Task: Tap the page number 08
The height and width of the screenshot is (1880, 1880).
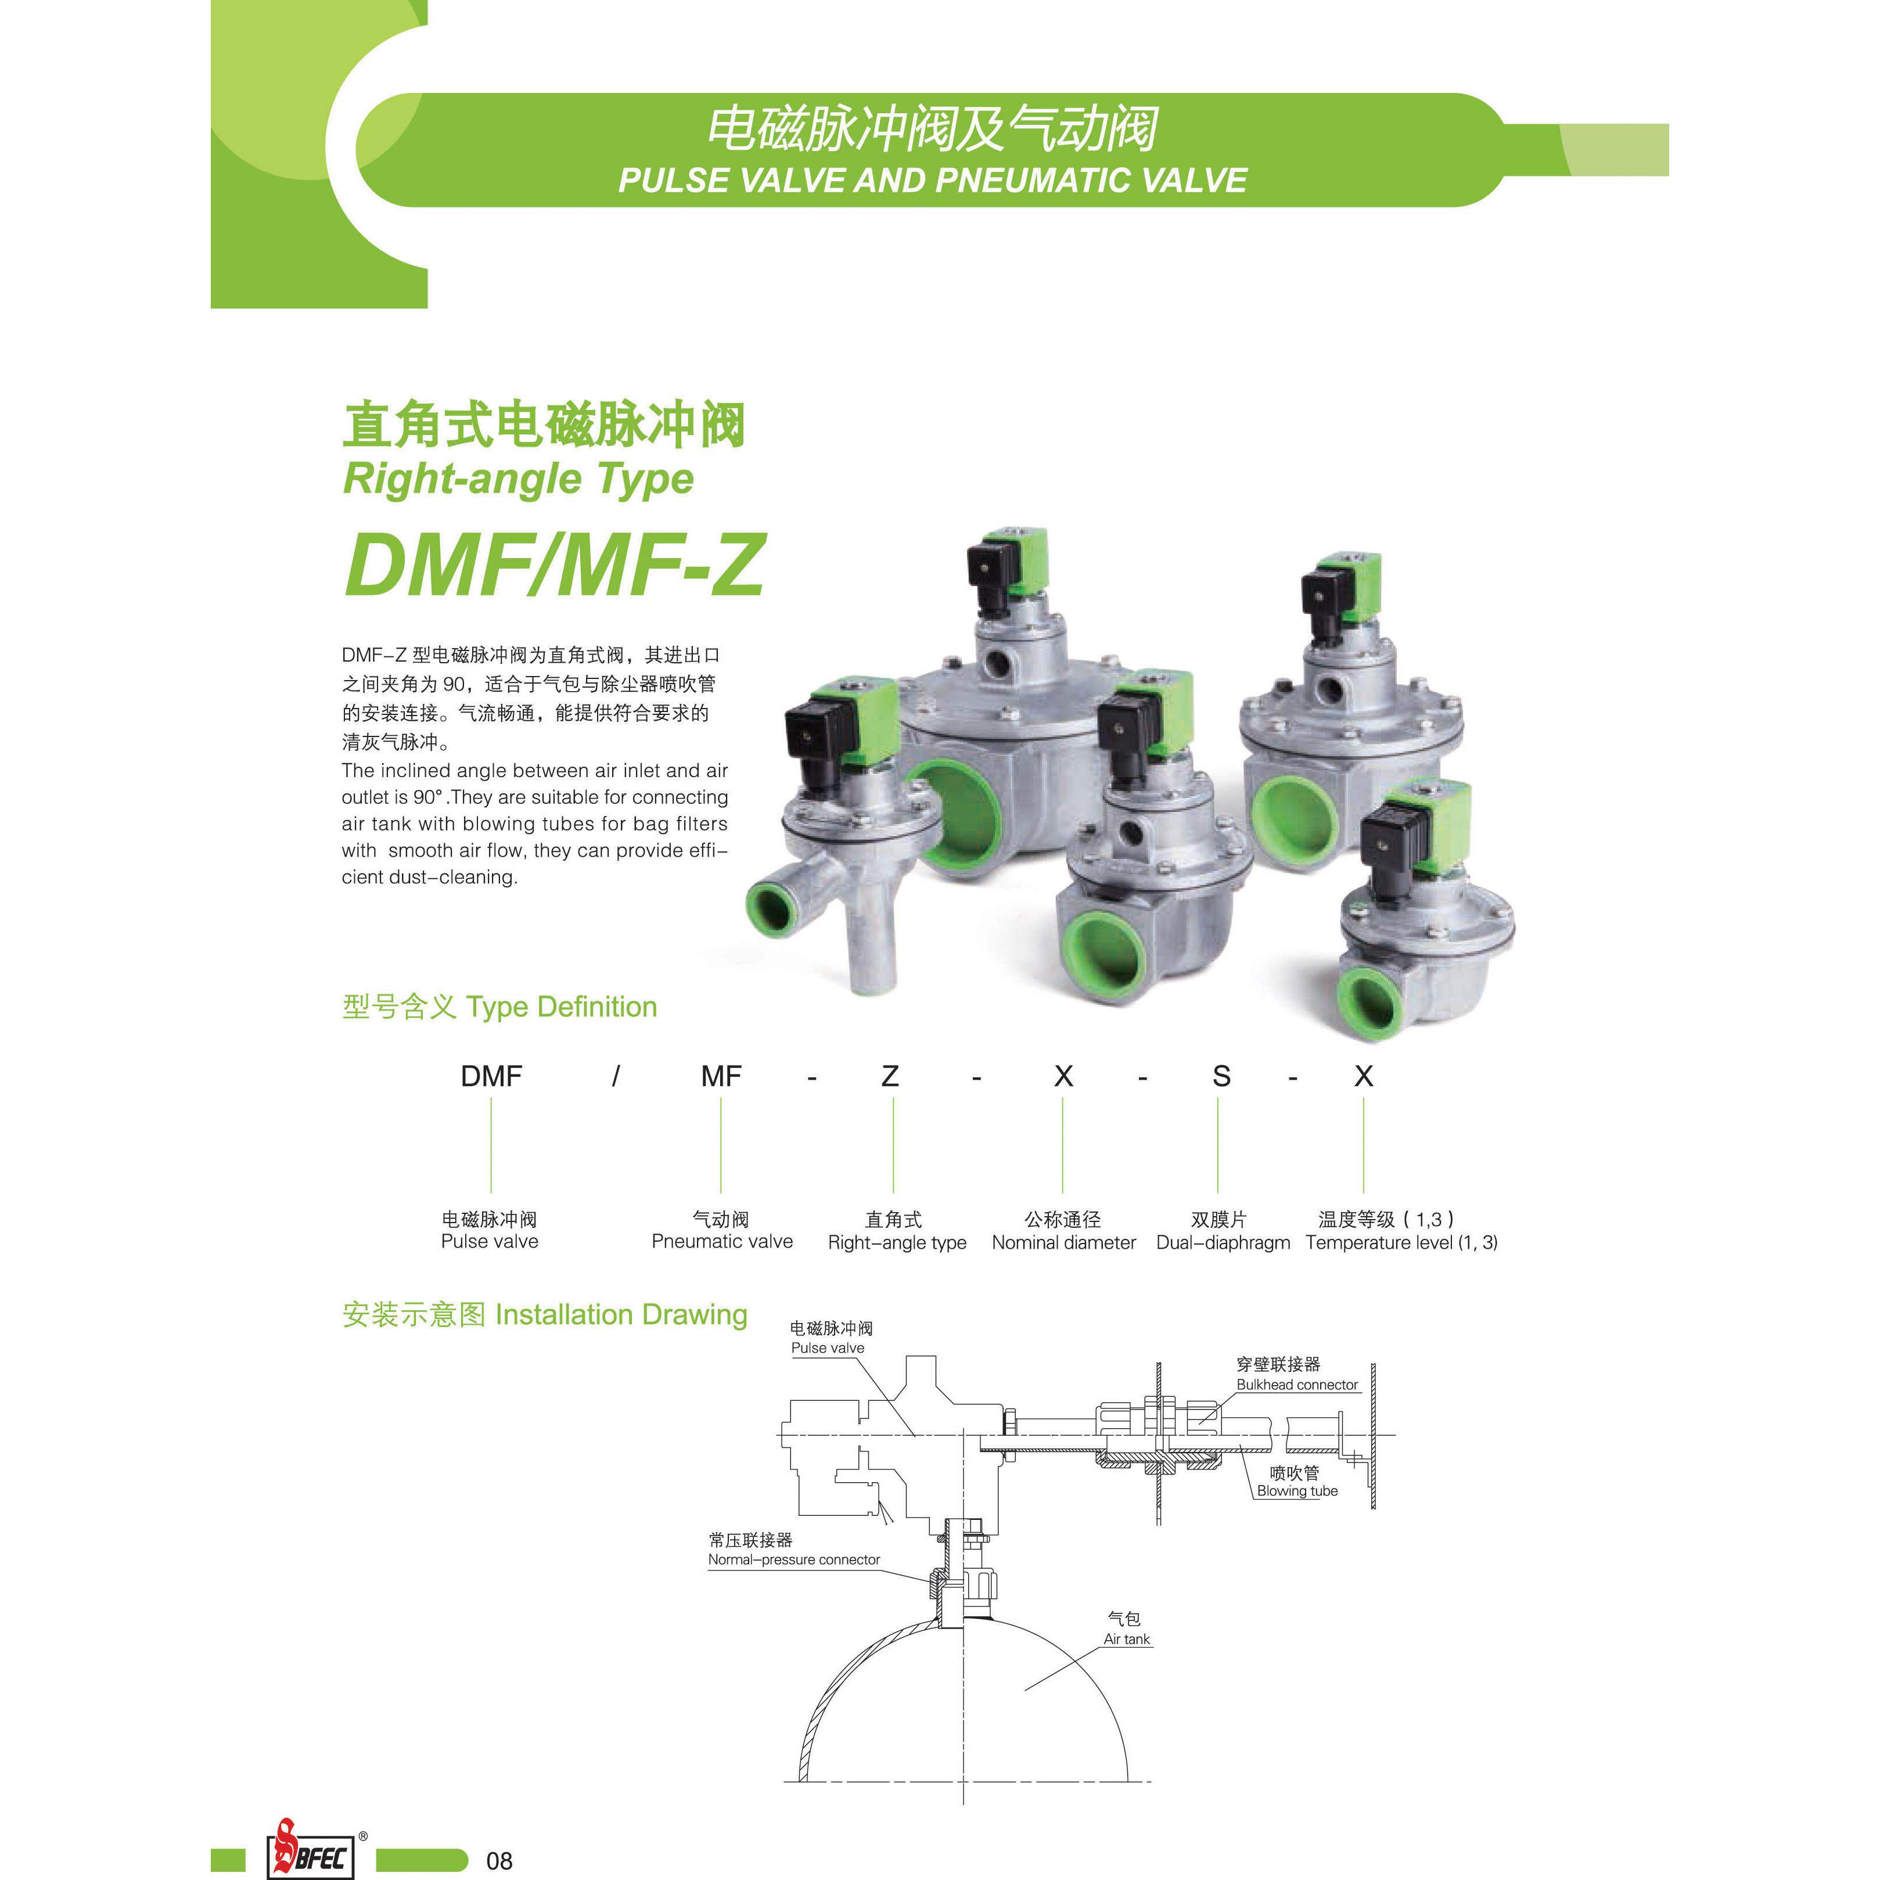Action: coord(499,1860)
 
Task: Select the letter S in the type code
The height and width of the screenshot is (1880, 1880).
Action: coord(1221,1076)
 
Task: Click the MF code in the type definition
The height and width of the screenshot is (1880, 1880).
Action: coord(721,1076)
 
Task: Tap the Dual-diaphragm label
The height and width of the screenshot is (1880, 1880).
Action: coord(1223,1243)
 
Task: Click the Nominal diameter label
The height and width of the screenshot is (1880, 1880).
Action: coord(1063,1243)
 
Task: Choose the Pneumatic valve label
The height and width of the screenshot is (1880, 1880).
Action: coord(722,1242)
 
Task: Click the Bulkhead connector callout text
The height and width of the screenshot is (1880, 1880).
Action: coord(1297,1385)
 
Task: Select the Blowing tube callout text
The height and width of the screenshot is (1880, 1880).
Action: coord(1297,1491)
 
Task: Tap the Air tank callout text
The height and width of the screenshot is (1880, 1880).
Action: coord(1127,1638)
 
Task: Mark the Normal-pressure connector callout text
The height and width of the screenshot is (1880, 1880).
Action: coord(794,1560)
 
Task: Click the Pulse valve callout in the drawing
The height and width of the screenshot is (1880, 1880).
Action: coord(827,1348)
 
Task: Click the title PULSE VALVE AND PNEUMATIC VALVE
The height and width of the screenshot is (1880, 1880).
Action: coord(932,180)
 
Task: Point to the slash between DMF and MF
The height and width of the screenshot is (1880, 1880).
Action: coord(616,1076)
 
